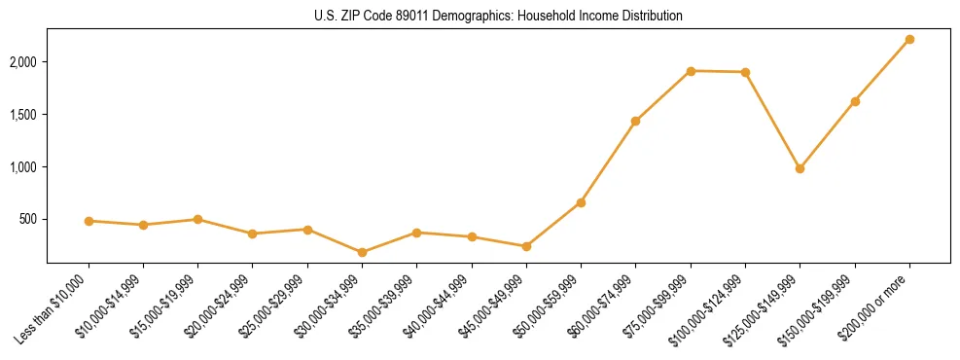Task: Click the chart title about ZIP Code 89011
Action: pos(498,17)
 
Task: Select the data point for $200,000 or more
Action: pos(909,39)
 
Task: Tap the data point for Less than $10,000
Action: pos(89,221)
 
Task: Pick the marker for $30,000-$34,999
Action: pos(362,252)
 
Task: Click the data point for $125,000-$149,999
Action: pos(800,168)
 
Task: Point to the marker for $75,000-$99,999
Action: pos(691,71)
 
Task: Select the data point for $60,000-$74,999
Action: pos(635,121)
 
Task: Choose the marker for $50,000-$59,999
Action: pos(581,202)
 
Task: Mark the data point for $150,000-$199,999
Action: pos(855,101)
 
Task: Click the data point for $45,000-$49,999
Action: pos(526,246)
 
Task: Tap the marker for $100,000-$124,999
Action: pos(745,72)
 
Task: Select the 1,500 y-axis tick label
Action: pos(27,115)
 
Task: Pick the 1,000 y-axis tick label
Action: pos(27,167)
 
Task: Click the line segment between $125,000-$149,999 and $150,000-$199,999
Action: pos(827,135)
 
